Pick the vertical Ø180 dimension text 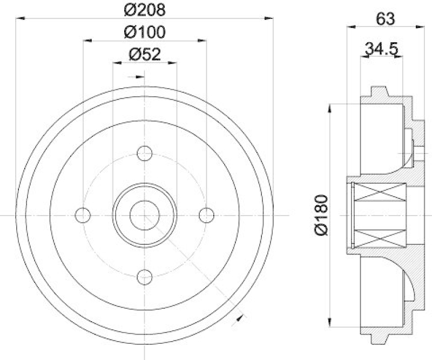tap(320, 215)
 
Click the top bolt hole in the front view tap(144, 154)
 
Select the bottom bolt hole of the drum tap(144, 277)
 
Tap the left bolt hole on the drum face tap(83, 215)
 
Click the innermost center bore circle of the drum tap(144, 215)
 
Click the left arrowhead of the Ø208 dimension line tap(20, 18)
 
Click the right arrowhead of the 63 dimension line tap(421, 26)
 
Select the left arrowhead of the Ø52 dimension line tap(116, 63)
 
